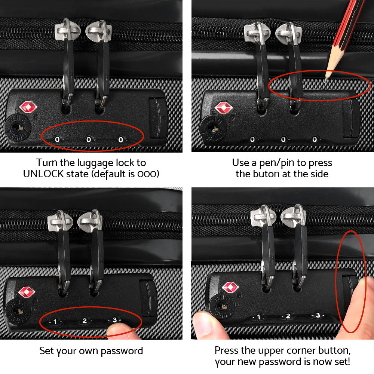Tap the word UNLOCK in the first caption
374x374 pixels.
(44, 174)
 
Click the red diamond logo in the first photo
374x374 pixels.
(29, 107)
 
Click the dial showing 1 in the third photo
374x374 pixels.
(55, 321)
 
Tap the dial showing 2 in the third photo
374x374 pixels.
(85, 321)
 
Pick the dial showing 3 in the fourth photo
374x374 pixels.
(318, 315)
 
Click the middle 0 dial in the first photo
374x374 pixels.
(89, 140)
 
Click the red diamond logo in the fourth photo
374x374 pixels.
(230, 287)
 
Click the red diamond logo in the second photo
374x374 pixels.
(224, 108)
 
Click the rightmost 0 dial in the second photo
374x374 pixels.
(315, 140)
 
